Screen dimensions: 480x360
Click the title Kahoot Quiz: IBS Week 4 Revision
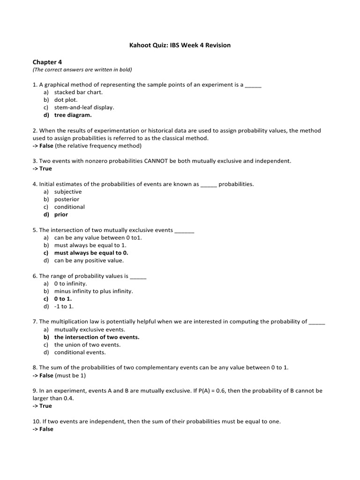pyautogui.click(x=180, y=45)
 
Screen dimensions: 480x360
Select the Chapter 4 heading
pyautogui.click(x=47, y=62)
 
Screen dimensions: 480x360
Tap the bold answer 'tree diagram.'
pyautogui.click(x=73, y=115)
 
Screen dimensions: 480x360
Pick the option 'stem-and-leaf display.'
pyautogui.click(x=84, y=107)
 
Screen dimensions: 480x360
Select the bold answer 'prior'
pyautogui.click(x=61, y=214)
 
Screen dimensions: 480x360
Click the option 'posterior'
pyautogui.click(x=67, y=199)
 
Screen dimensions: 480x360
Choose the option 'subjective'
pyautogui.click(x=68, y=192)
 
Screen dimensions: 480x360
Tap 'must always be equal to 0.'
pyautogui.click(x=91, y=253)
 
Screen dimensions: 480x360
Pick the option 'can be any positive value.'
pyautogui.click(x=89, y=260)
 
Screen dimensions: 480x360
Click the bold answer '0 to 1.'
pyautogui.click(x=63, y=299)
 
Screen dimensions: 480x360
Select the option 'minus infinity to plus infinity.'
pyautogui.click(x=94, y=291)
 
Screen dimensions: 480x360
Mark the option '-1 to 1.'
pyautogui.click(x=64, y=306)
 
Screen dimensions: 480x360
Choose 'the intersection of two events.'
pyautogui.click(x=97, y=337)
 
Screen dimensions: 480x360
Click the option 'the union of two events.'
pyautogui.click(x=87, y=345)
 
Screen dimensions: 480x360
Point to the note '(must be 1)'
pyautogui.click(x=70, y=375)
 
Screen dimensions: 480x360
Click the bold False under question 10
pyautogui.click(x=46, y=429)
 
